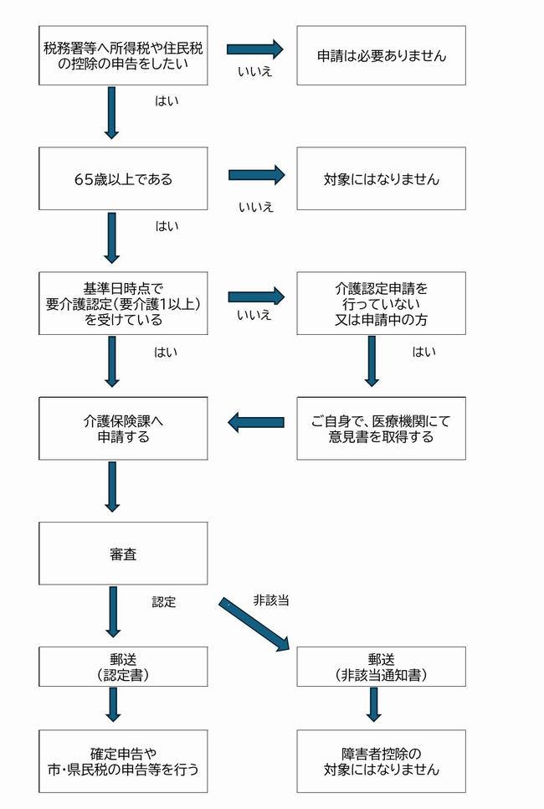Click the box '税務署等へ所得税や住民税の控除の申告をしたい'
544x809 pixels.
click(124, 55)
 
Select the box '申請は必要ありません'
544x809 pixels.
click(381, 55)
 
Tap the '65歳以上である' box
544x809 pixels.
click(124, 178)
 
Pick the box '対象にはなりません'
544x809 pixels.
click(381, 178)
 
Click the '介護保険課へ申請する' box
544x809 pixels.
click(124, 428)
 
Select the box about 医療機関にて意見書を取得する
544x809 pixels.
click(381, 428)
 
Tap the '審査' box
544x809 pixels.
click(124, 553)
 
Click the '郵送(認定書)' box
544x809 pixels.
click(124, 667)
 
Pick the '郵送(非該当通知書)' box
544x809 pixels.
click(381, 667)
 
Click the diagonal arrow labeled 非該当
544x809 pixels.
click(254, 624)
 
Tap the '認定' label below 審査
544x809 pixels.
click(164, 601)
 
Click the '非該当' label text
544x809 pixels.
click(270, 600)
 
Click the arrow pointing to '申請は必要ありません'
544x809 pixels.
click(256, 50)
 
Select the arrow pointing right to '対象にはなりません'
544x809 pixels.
click(256, 175)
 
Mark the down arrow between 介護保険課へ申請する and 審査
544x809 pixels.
click(111, 486)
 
